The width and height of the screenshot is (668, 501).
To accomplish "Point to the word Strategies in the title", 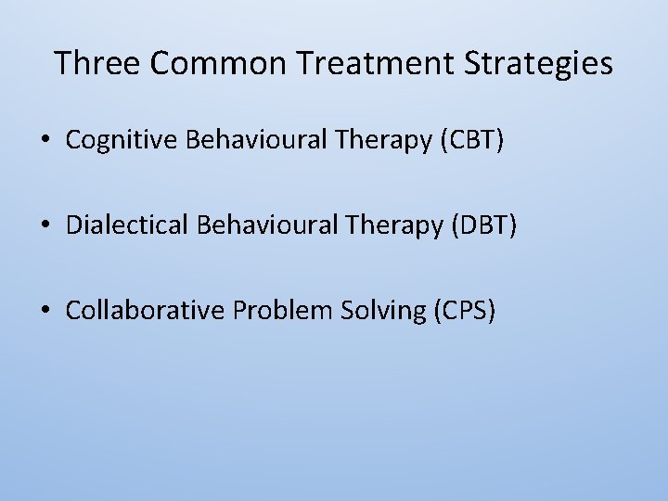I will click(x=547, y=63).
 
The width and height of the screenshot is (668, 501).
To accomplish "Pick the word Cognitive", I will click(x=122, y=140).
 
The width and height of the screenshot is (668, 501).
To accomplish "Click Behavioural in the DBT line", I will click(x=259, y=225).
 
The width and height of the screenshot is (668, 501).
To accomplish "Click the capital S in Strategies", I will click(x=490, y=63).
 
